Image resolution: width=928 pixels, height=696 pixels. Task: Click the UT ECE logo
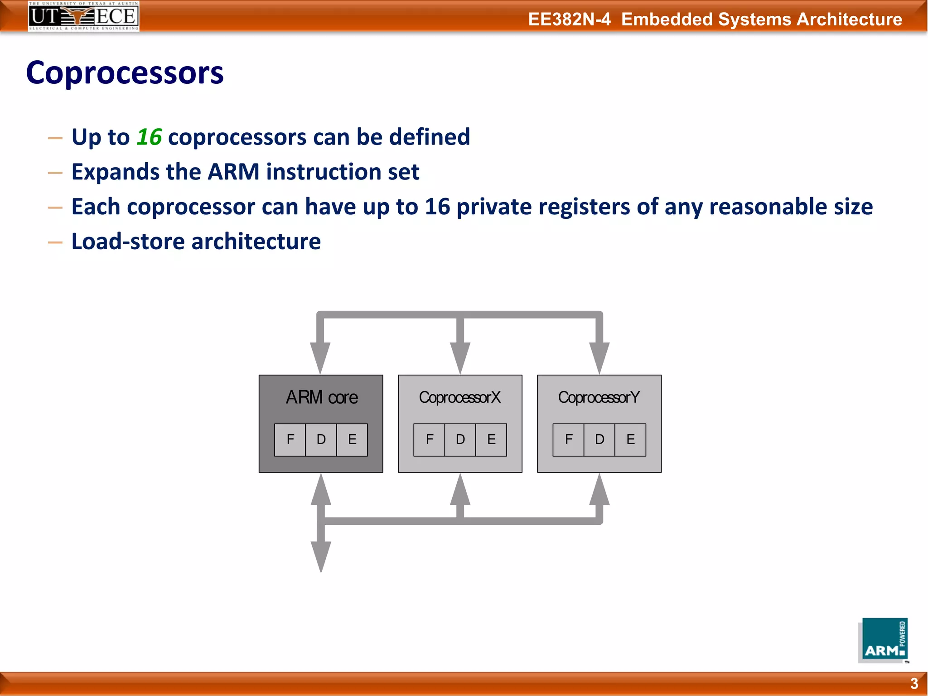[83, 16]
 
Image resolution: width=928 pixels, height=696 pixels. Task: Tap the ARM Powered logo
[883, 641]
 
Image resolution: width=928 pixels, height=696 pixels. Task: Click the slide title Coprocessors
[125, 73]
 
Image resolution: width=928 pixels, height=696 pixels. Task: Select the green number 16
[149, 137]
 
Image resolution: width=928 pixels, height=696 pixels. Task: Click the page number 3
[914, 683]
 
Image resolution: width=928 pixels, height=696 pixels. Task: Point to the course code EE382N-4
[569, 19]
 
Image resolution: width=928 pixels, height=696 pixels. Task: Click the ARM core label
[321, 397]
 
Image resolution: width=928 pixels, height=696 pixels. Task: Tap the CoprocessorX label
[459, 397]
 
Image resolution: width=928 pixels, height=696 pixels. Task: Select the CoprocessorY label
[599, 397]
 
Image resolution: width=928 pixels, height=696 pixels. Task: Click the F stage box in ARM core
[290, 440]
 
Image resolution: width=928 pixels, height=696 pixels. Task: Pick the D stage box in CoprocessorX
[460, 440]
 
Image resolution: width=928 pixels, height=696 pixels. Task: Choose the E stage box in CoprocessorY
[630, 440]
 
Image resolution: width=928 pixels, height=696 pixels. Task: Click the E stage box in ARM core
[352, 440]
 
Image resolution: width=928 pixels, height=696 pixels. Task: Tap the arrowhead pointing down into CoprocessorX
[460, 358]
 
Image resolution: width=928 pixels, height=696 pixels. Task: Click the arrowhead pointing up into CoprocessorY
[599, 490]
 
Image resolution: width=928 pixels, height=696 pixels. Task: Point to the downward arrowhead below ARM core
[321, 556]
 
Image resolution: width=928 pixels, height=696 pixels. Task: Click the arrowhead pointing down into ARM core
[320, 358]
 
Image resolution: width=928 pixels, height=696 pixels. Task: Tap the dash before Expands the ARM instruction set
[55, 173]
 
